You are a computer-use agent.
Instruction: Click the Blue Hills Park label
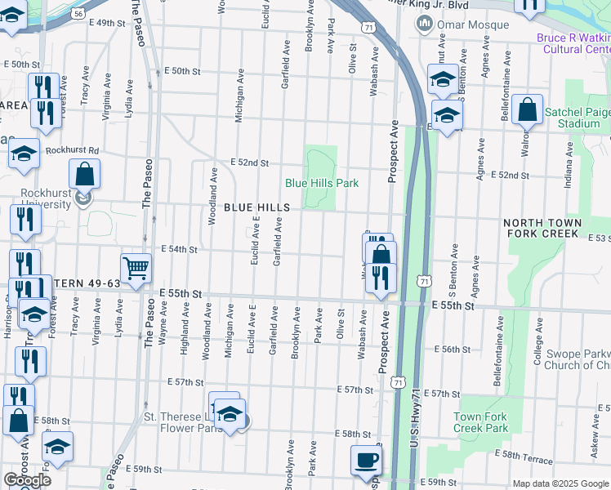click(321, 183)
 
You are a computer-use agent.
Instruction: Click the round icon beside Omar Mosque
click(424, 22)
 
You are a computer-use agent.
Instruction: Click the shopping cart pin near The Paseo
click(136, 267)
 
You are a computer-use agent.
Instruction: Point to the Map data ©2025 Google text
click(560, 483)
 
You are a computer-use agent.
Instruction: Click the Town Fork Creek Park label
click(481, 422)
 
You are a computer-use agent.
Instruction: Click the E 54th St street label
click(181, 249)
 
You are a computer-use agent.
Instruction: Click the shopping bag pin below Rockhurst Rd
click(84, 173)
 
